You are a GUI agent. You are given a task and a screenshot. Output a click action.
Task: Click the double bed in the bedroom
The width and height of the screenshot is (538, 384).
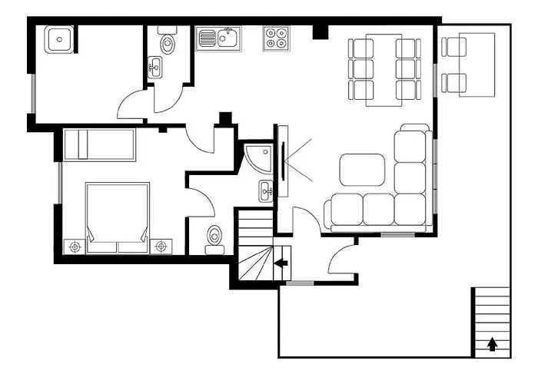(117, 217)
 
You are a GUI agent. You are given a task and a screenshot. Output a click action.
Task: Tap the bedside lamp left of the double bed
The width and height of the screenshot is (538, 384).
(75, 247)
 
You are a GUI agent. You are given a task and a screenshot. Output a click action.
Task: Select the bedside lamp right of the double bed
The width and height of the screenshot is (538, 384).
(161, 246)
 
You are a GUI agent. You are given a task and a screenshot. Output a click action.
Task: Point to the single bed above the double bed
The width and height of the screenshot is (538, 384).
(99, 144)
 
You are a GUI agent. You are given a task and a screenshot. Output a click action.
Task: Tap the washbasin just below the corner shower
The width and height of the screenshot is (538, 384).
(265, 190)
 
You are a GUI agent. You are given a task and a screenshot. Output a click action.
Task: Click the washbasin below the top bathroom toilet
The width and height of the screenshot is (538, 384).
(156, 67)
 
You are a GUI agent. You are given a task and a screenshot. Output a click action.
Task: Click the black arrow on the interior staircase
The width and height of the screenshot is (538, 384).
(281, 263)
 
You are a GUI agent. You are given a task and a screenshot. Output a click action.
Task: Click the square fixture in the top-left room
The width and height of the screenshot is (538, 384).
(59, 38)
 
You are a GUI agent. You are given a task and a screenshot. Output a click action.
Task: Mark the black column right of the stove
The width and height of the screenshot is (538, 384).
(320, 31)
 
